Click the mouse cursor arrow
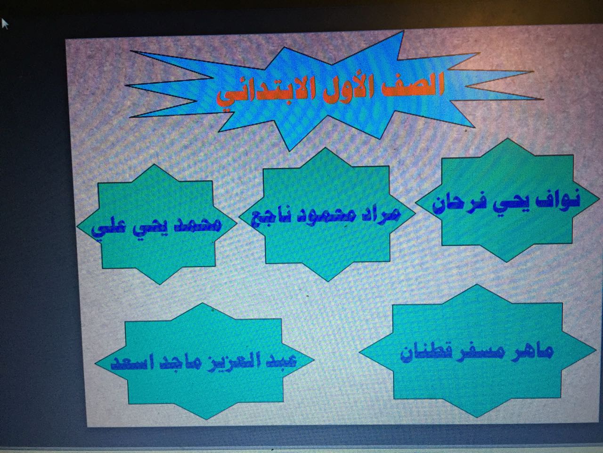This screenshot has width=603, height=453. [x=5, y=24]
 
